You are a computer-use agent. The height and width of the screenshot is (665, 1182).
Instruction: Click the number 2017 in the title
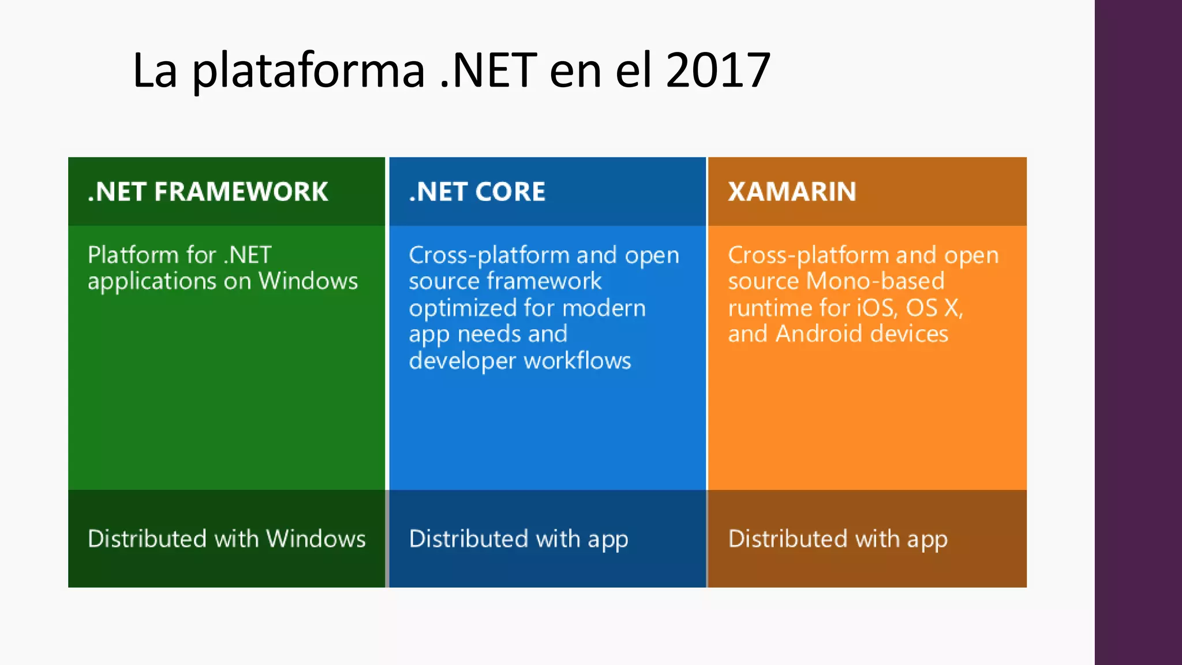pos(718,70)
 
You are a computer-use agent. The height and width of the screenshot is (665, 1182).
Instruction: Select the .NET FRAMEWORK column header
pos(208,192)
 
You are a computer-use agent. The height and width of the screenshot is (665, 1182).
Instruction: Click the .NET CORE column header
pos(477,192)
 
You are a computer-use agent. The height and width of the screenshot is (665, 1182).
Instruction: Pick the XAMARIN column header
pos(792,192)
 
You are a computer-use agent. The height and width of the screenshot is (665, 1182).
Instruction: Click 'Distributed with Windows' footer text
pos(226,539)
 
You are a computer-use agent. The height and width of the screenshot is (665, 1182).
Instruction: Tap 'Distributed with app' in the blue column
pos(518,539)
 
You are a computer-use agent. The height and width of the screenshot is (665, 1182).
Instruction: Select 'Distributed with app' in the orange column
pos(837,539)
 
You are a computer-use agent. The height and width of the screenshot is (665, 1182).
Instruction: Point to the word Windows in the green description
pos(308,281)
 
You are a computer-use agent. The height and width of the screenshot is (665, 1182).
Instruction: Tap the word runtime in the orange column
pos(764,308)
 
